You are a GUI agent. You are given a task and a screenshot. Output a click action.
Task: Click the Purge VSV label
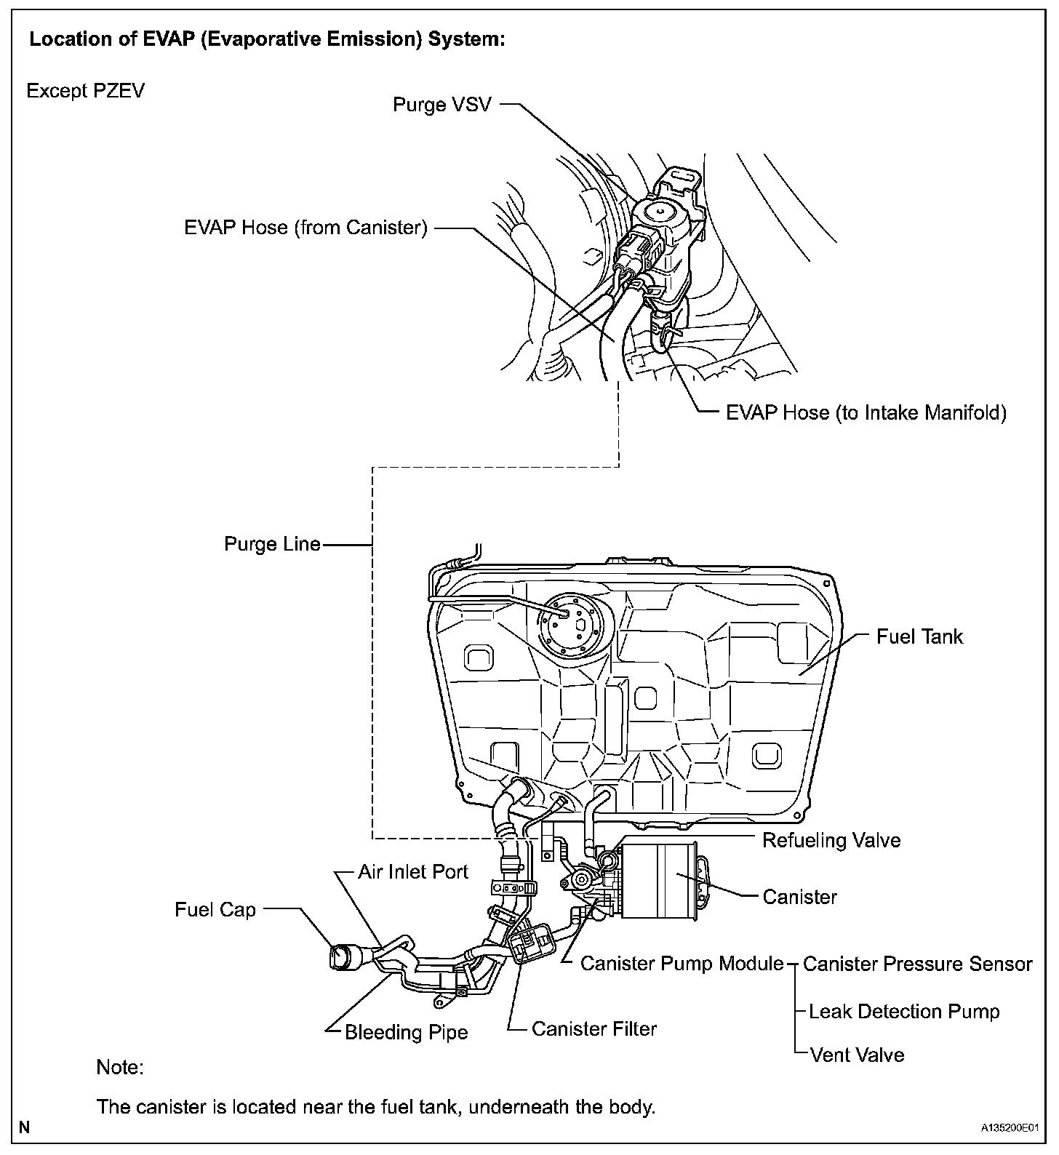441,105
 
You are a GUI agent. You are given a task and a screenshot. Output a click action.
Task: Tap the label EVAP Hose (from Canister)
305,228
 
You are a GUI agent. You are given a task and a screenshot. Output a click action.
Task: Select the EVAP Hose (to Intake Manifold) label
866,413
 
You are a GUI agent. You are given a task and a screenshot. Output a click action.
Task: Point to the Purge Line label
272,544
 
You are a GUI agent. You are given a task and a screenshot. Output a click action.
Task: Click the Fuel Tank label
919,636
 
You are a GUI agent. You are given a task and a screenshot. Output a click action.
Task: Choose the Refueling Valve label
831,840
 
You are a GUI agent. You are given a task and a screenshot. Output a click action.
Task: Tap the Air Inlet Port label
413,871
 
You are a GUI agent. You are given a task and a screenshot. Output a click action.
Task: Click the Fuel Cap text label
215,910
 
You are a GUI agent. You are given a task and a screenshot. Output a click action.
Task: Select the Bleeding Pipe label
406,1032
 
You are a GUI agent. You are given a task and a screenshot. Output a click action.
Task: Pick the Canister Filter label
594,1028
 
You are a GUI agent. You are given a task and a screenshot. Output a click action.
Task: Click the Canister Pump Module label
682,964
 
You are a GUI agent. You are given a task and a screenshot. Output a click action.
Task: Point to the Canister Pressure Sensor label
917,964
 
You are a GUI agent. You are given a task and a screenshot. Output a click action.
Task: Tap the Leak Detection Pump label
904,1011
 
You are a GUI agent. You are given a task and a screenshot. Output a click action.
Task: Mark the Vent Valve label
857,1055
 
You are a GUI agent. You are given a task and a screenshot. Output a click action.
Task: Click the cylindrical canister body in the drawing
658,881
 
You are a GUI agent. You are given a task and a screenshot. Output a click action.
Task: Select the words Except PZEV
85,91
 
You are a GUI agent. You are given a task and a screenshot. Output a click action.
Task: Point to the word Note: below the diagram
120,1068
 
